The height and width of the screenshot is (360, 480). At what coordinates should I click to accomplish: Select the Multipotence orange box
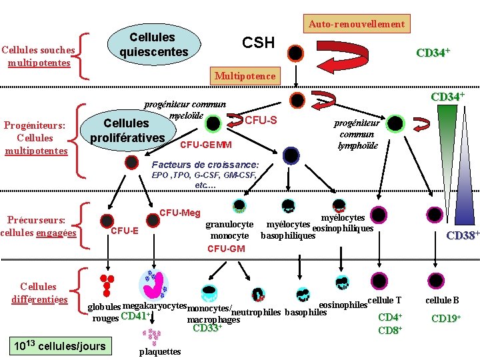point(245,76)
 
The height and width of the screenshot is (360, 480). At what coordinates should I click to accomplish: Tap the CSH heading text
point(258,43)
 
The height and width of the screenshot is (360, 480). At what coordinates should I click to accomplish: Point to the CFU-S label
point(261,120)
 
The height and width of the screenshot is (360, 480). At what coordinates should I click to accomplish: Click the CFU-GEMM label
point(206,145)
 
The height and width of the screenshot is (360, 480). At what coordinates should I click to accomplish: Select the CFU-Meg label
point(180,213)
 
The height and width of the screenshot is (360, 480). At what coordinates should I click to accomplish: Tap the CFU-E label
point(124,231)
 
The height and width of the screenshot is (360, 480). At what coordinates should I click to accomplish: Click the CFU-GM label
point(226,249)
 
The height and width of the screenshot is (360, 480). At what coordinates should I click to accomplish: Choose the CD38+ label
point(462,235)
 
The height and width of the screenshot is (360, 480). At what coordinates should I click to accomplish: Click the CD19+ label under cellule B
point(446,318)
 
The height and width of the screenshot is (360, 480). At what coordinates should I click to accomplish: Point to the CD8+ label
point(389,330)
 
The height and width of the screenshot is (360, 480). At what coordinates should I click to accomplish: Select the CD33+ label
point(206,328)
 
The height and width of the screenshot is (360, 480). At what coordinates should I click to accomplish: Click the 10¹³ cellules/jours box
point(61,346)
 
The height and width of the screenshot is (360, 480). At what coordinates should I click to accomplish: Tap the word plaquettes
point(159,351)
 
